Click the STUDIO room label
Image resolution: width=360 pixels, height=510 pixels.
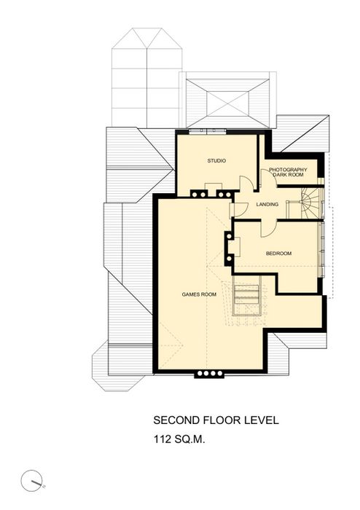(x=216, y=161)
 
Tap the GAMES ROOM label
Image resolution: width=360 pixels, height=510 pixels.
(x=199, y=294)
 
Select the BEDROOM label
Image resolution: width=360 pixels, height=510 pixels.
(x=278, y=254)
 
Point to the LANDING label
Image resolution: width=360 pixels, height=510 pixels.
(x=267, y=204)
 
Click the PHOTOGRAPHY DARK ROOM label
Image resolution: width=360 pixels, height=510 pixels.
(x=288, y=172)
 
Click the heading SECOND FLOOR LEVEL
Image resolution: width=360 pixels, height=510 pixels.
(x=216, y=420)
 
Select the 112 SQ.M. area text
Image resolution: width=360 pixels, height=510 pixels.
(x=179, y=439)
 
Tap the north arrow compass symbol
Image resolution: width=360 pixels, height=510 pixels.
(x=32, y=481)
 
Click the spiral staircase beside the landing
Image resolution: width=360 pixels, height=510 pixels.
(x=311, y=203)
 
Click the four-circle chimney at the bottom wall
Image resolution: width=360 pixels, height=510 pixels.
(x=210, y=373)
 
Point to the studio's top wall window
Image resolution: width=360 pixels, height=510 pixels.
(x=208, y=130)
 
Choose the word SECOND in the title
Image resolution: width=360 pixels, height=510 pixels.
(x=176, y=420)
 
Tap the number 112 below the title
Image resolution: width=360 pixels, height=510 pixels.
(x=163, y=439)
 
